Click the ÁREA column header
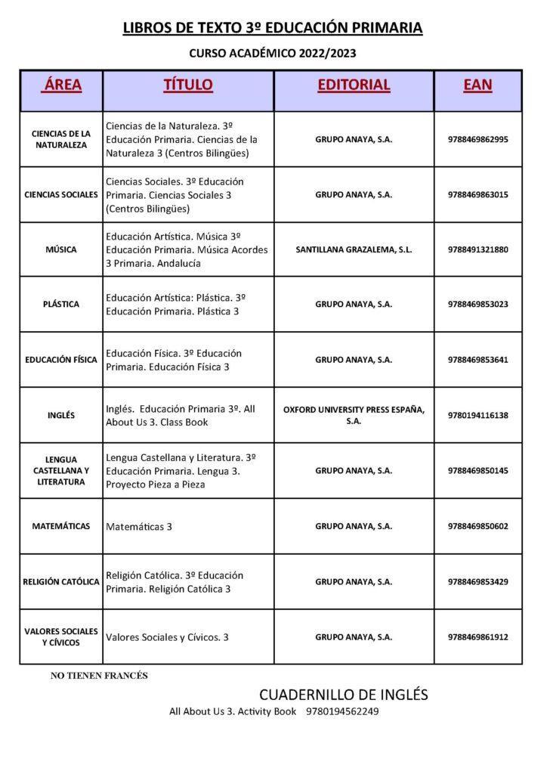61,85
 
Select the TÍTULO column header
188,85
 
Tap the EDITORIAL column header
354,85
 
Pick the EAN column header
477,85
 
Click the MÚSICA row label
61,249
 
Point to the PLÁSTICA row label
61,305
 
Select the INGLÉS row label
61,415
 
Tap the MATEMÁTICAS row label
61,526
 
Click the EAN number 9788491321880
477,249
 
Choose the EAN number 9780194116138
477,415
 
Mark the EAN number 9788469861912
477,637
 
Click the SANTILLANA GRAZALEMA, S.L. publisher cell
354,249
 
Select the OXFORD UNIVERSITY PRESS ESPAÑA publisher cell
354,415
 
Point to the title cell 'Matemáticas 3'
139,527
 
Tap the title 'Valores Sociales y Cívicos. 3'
167,637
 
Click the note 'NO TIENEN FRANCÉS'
99,676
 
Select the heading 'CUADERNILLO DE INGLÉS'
343,694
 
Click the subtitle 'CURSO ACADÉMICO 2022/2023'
272,54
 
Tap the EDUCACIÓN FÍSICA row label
61,360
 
